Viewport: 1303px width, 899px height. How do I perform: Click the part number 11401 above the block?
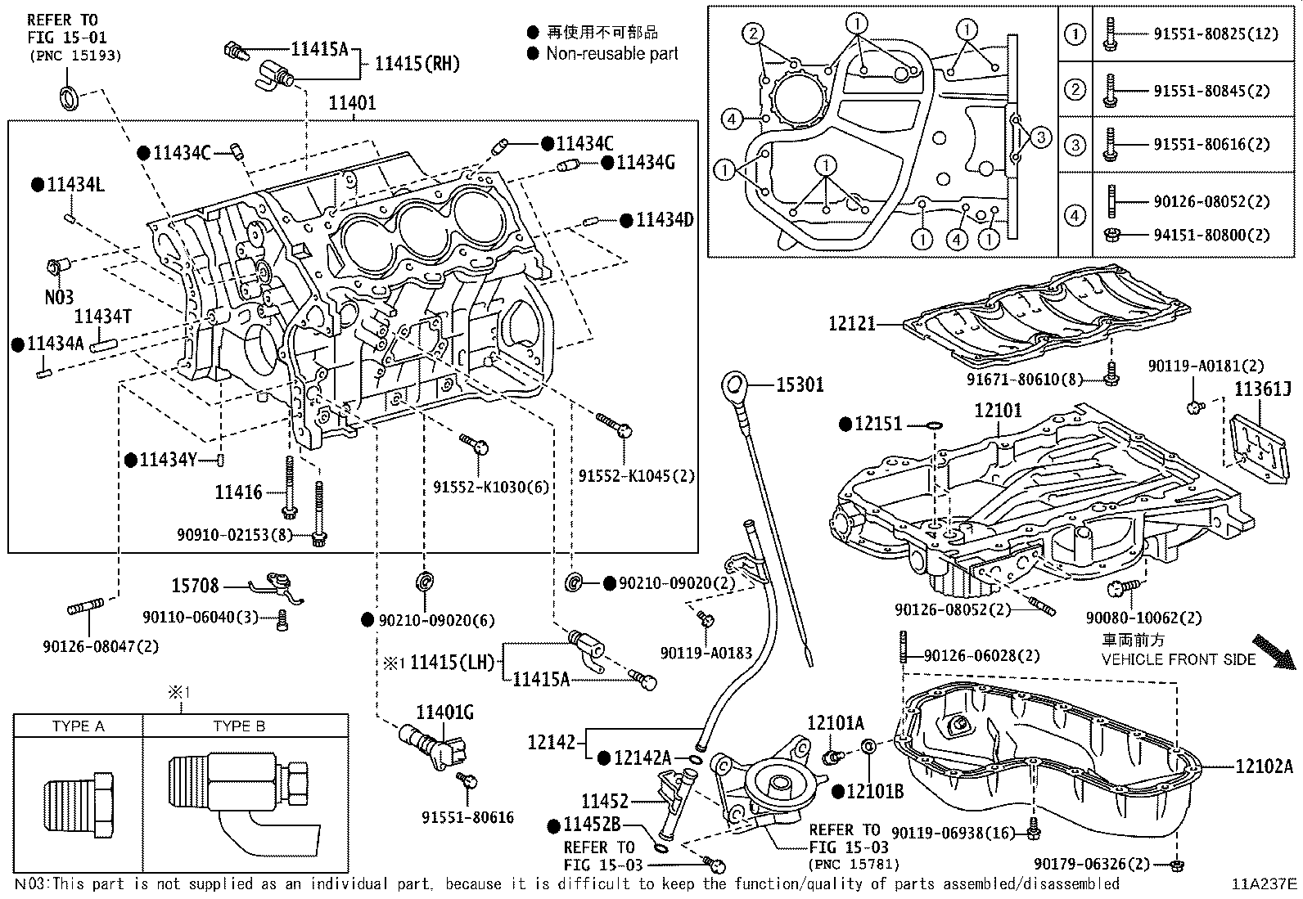(x=353, y=103)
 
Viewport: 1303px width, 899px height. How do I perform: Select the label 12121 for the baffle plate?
(x=852, y=323)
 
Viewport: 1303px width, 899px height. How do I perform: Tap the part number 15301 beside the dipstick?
(x=800, y=384)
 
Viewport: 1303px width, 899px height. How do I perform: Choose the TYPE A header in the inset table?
(x=78, y=726)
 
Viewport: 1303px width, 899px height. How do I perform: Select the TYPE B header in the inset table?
(x=239, y=726)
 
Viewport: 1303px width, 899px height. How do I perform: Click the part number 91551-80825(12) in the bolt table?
(x=1215, y=34)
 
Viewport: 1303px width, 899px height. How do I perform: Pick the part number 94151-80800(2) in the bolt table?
(x=1211, y=235)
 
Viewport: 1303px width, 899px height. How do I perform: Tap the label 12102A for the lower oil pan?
(x=1264, y=766)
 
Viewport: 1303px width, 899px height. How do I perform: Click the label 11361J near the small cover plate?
(x=1263, y=389)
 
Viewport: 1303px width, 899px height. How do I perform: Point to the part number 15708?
(x=195, y=585)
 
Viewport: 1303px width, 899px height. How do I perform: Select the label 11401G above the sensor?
(x=445, y=712)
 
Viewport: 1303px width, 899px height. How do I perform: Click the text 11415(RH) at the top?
(x=417, y=63)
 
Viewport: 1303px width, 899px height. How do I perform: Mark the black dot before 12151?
(x=845, y=425)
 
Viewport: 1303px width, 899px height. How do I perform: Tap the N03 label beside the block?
(x=59, y=297)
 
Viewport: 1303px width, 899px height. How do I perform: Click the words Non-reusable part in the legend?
(x=612, y=53)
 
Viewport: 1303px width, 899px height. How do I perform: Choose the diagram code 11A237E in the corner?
(x=1264, y=884)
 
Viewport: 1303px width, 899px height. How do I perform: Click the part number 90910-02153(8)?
(x=235, y=534)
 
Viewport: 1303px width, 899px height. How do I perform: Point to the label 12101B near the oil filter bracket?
(x=875, y=791)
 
